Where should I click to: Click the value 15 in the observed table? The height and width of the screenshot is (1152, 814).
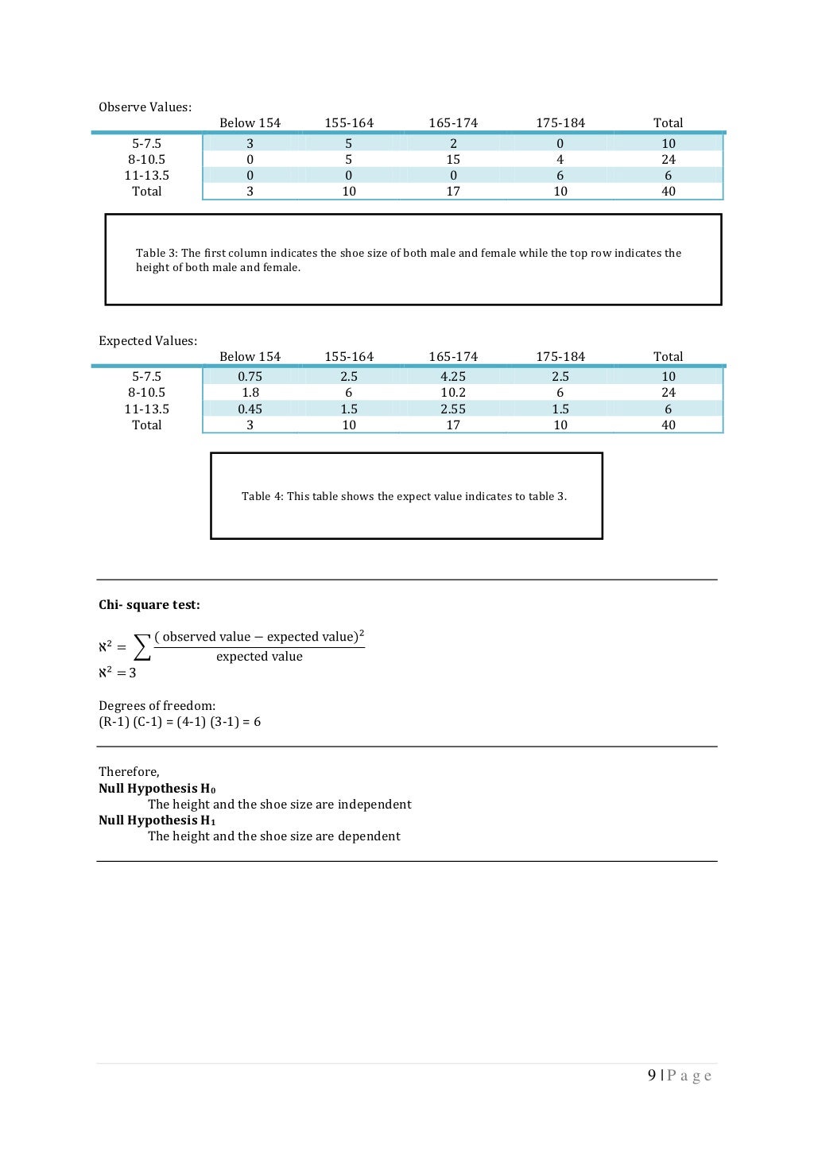(453, 160)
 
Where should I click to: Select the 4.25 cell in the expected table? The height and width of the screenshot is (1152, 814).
(453, 377)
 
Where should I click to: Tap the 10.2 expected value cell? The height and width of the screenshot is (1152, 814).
(453, 393)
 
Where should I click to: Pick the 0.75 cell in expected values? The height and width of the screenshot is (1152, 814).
(250, 377)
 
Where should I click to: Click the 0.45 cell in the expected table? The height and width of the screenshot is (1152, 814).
(250, 409)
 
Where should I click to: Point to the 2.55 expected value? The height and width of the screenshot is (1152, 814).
(453, 409)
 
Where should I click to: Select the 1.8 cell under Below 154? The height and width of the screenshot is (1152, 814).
(250, 393)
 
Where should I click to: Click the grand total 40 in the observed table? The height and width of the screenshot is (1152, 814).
(668, 192)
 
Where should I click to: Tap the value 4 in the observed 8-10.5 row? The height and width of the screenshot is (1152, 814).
(560, 160)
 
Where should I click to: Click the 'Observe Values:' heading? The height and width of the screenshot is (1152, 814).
(145, 107)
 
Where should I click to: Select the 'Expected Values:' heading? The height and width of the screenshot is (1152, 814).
(148, 341)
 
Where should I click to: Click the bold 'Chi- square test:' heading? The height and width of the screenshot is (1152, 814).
(149, 605)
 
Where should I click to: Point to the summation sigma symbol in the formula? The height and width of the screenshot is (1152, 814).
(141, 647)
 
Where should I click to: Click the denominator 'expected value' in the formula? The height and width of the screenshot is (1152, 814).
(259, 657)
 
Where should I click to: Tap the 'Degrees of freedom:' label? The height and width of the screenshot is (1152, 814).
(157, 706)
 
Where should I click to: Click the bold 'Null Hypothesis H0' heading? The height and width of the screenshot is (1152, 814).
(157, 789)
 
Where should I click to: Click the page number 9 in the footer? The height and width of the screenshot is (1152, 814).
(652, 1076)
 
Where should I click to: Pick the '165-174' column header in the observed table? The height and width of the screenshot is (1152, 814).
(453, 123)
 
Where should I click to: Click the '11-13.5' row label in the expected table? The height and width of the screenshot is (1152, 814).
(146, 409)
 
